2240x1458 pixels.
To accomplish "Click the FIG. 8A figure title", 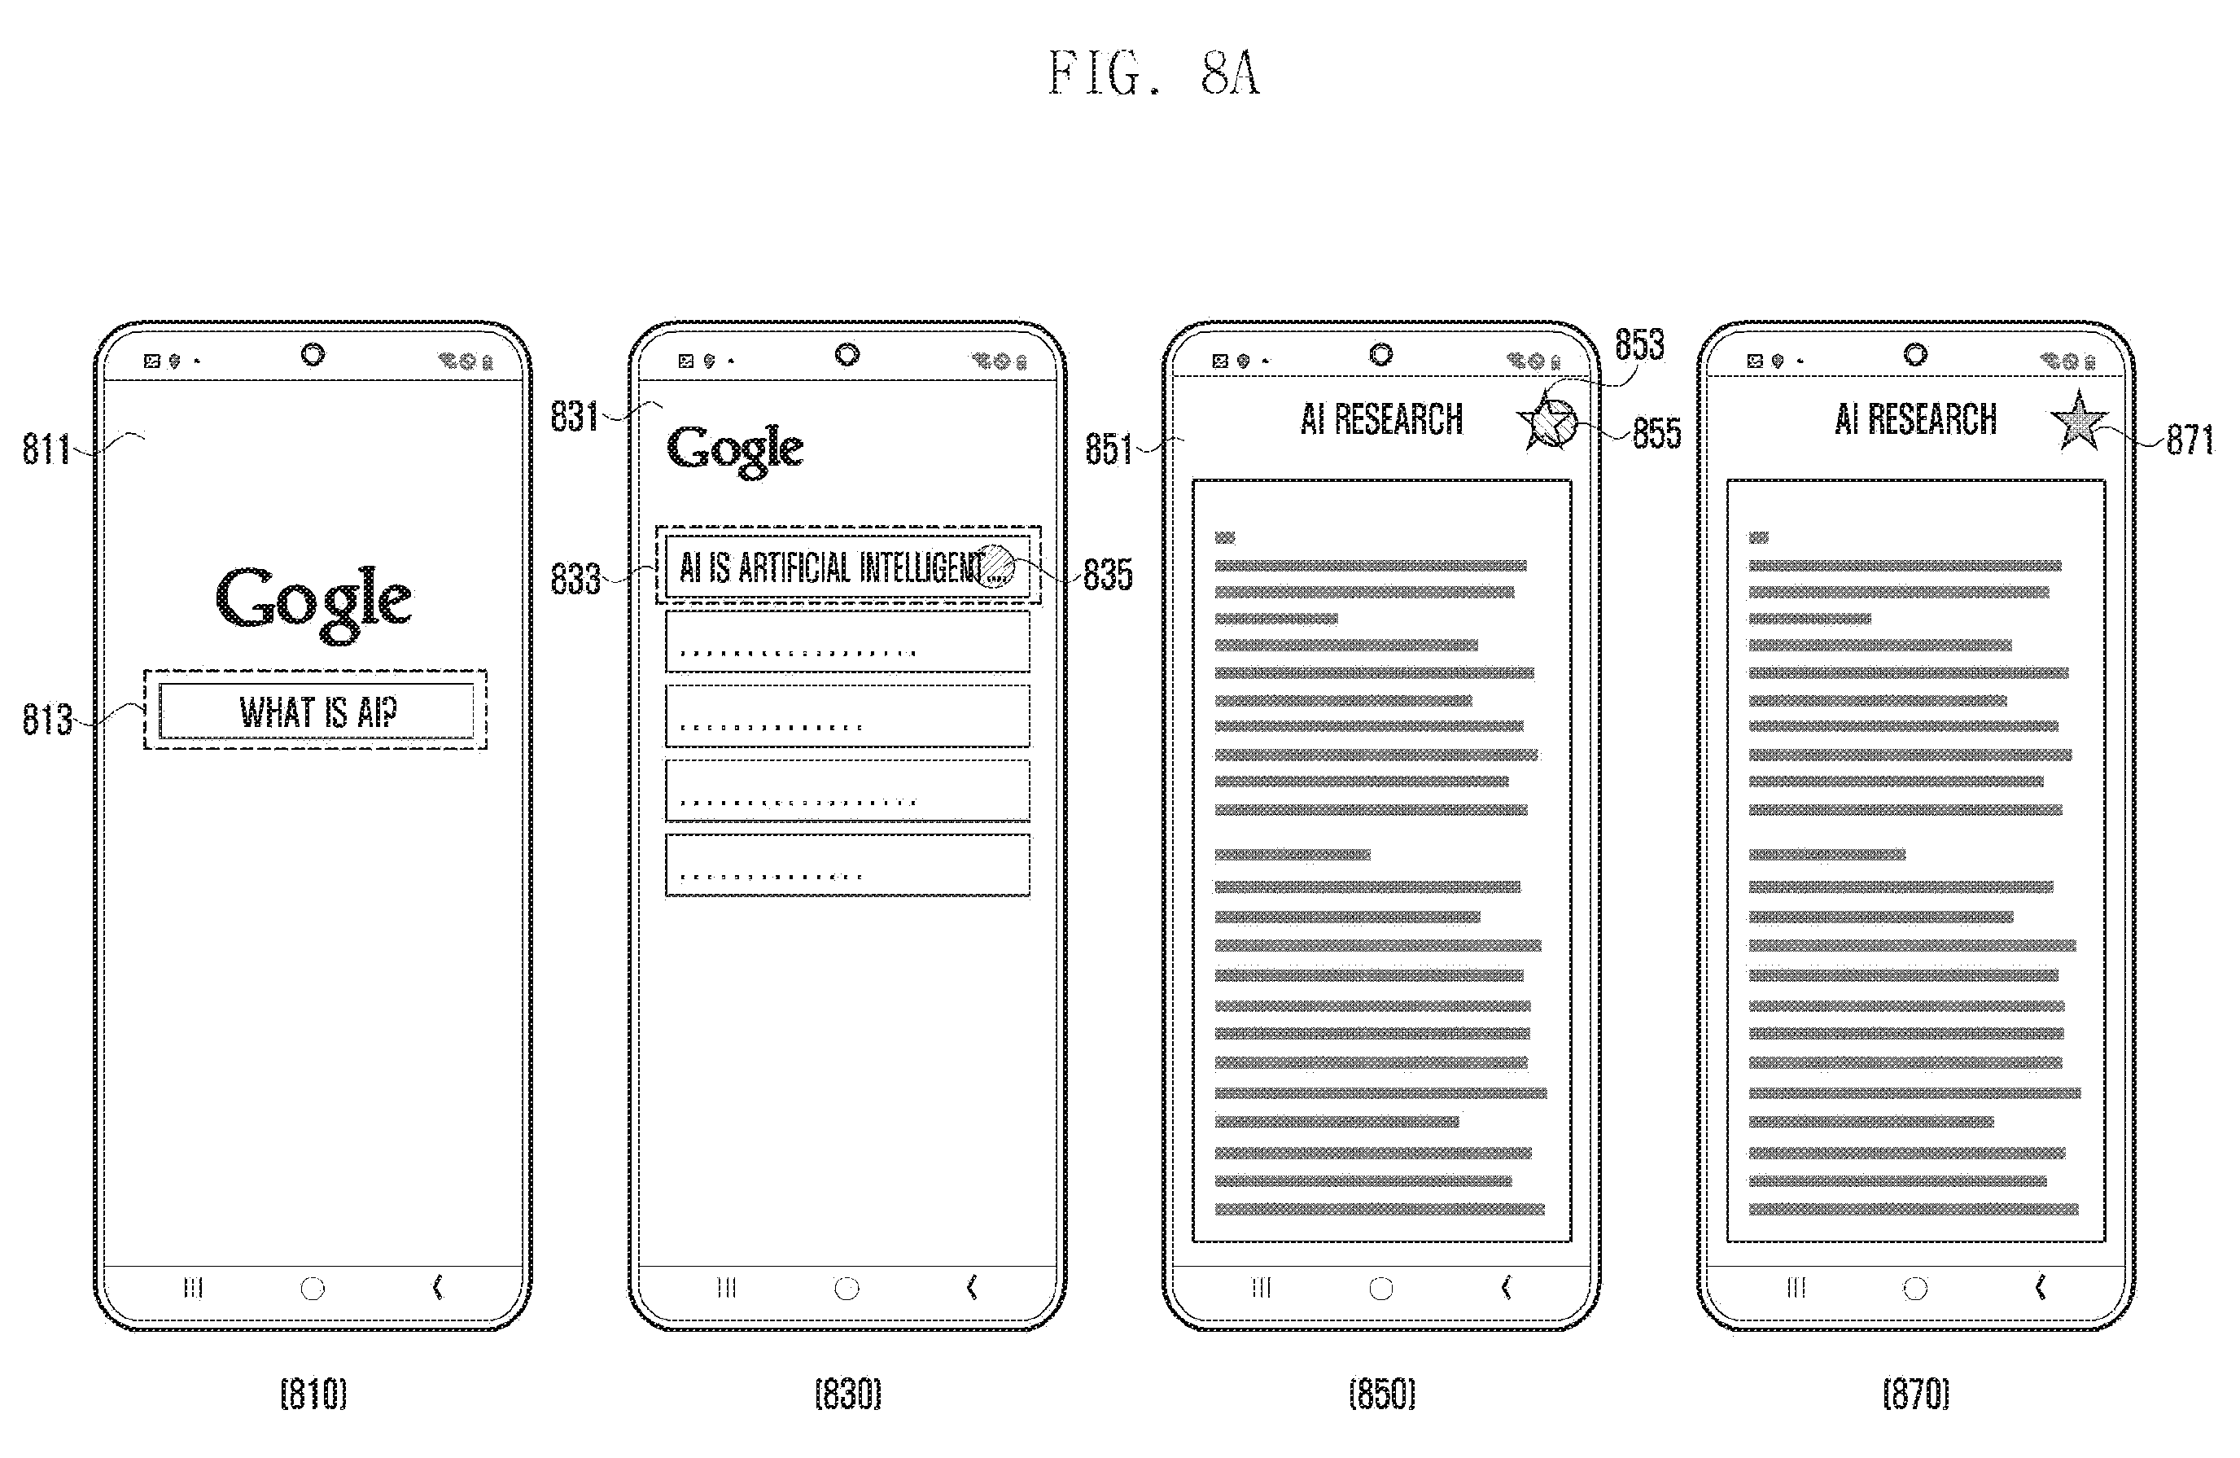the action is pos(1154,73).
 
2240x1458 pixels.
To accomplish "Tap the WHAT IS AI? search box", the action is pos(317,711).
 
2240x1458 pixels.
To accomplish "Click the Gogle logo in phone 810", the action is pos(313,602).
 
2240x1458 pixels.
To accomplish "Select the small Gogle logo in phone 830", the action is pos(735,450).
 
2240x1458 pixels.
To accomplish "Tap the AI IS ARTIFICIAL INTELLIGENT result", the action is pos(847,567).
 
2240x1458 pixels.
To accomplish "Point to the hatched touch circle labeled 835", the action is pos(994,567).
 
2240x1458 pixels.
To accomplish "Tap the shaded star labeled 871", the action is pos(2078,421).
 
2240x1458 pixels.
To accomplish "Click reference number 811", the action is pos(46,449).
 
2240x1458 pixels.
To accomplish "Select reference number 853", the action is pos(1639,344).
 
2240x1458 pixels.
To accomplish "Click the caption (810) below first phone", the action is pos(313,1393).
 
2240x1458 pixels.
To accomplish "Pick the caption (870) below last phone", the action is pos(1916,1393).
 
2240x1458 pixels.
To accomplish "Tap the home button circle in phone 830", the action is pos(847,1289).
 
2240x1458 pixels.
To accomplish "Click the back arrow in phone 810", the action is pos(438,1287).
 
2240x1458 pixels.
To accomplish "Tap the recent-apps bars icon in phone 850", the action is pos(1261,1288).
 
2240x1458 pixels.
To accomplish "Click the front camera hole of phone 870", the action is pos(1915,355).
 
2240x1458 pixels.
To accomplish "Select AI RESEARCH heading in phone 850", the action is pos(1381,420).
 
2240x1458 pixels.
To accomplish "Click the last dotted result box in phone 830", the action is pos(847,865).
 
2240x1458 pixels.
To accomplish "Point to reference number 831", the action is pos(574,416).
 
